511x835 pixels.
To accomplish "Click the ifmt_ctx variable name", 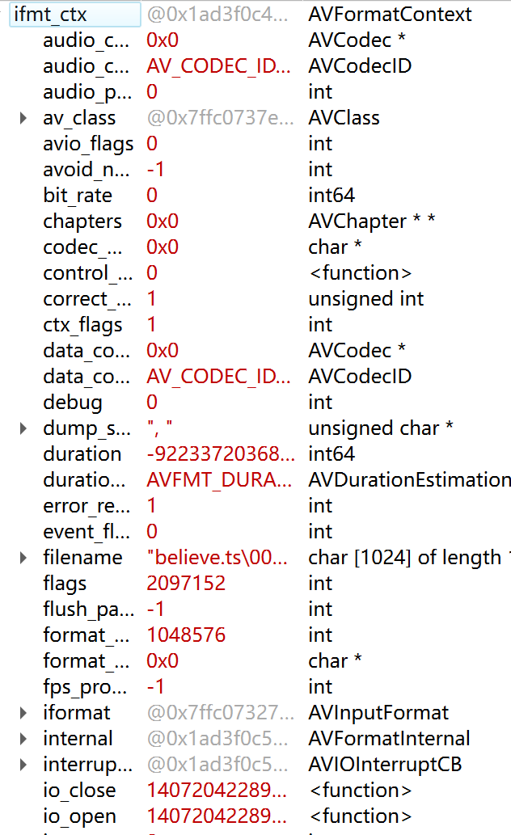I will point(50,15).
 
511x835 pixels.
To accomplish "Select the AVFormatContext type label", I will point(391,15).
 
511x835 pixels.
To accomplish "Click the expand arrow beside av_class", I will point(23,118).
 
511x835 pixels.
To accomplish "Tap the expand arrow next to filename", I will point(23,558).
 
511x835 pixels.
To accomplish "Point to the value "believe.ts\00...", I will point(217,558).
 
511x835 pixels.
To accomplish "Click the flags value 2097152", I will point(186,584).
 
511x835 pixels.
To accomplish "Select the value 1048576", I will point(186,635).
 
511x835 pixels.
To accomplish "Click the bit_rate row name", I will point(78,196).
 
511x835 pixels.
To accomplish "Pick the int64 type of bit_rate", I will point(332,196).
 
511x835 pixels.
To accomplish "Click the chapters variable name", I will point(82,221).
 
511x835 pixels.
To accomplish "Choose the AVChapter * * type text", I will point(372,221).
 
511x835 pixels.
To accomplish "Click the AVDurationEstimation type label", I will point(409,480).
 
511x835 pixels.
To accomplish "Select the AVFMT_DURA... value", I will point(219,480).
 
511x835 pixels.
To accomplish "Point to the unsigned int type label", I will point(365,299).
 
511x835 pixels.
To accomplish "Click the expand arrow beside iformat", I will point(23,713).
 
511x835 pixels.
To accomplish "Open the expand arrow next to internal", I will point(23,739).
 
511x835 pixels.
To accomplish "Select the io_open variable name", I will point(79,816).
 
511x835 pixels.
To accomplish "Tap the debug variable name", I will point(73,403).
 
